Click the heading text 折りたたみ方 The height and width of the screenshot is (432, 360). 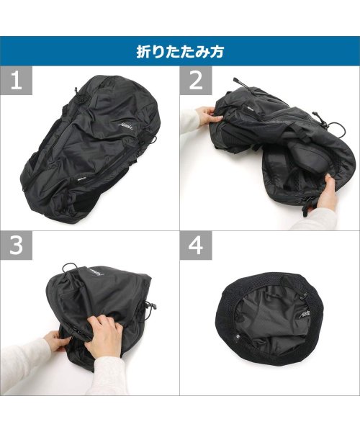180,52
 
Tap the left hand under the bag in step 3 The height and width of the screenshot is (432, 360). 56,338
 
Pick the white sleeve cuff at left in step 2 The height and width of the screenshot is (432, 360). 189,122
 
